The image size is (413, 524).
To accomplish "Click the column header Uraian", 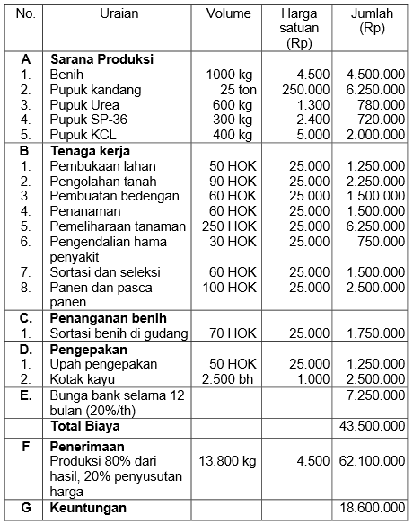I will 119,14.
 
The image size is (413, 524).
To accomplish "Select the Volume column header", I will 228,14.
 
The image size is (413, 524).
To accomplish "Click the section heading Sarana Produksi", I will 101,59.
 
